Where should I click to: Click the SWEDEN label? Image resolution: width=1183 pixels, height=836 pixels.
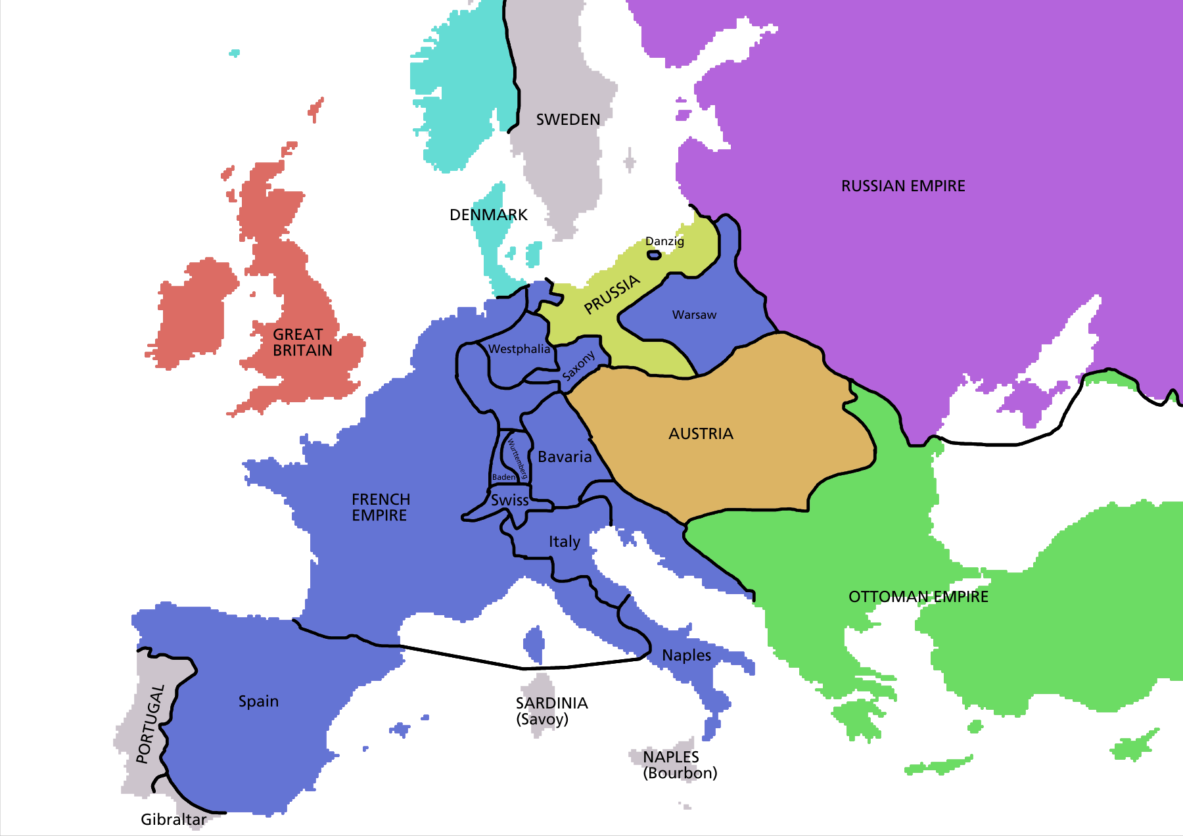pyautogui.click(x=568, y=120)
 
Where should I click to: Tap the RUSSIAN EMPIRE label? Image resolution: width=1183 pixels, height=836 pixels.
pyautogui.click(x=903, y=186)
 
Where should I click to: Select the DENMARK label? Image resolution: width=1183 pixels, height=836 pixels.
pyautogui.click(x=488, y=215)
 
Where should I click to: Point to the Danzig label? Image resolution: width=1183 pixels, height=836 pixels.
pyautogui.click(x=664, y=241)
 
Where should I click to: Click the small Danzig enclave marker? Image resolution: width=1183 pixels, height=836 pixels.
pyautogui.click(x=654, y=254)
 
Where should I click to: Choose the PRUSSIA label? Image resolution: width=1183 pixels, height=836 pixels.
pyautogui.click(x=612, y=294)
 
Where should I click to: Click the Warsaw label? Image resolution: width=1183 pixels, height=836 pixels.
pyautogui.click(x=694, y=315)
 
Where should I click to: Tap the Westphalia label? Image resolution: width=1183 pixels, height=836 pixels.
pyautogui.click(x=519, y=349)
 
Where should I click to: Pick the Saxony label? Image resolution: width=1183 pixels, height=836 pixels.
pyautogui.click(x=579, y=365)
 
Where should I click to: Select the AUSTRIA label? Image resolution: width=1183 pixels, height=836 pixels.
pyautogui.click(x=701, y=434)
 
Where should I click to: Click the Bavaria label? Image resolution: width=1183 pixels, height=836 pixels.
pyautogui.click(x=565, y=457)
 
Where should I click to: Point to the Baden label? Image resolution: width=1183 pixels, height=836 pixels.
pyautogui.click(x=503, y=477)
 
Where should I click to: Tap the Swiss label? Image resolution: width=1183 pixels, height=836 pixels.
pyautogui.click(x=510, y=500)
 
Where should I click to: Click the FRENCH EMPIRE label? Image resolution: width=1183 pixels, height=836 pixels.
pyautogui.click(x=381, y=507)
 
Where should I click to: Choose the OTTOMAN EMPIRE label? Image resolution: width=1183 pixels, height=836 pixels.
pyautogui.click(x=918, y=597)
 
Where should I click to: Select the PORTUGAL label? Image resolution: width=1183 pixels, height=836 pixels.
pyautogui.click(x=151, y=723)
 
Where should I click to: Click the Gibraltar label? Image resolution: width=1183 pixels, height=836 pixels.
pyautogui.click(x=174, y=820)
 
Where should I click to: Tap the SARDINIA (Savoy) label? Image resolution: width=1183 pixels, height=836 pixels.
pyautogui.click(x=551, y=711)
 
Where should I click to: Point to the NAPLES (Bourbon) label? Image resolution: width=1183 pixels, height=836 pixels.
pyautogui.click(x=680, y=765)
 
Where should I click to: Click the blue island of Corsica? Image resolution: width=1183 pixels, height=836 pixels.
pyautogui.click(x=534, y=645)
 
